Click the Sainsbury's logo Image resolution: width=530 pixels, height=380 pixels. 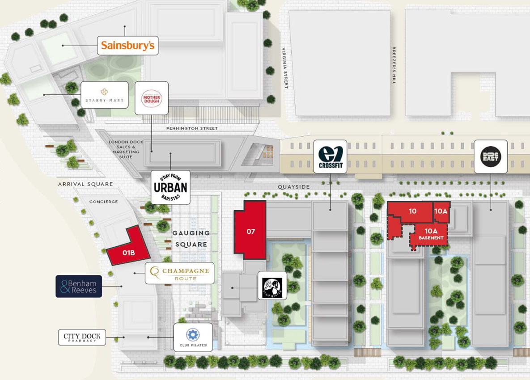[x=127, y=45]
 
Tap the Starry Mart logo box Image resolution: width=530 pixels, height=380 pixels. [x=104, y=95]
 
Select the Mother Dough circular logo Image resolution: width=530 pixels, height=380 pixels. [x=151, y=98]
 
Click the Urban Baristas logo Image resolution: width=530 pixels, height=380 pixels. [x=170, y=187]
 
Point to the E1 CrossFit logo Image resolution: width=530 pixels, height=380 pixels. [x=330, y=157]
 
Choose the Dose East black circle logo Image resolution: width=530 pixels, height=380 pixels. [x=491, y=156]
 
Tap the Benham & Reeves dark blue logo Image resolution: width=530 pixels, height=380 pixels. [x=79, y=287]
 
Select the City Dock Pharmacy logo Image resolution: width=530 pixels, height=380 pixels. [x=82, y=337]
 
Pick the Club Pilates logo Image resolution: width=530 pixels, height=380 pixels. [x=193, y=338]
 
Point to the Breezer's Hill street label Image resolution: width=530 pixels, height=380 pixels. [x=394, y=65]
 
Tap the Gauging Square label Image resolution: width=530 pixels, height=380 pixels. [x=191, y=238]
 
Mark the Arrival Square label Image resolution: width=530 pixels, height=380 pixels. [x=85, y=184]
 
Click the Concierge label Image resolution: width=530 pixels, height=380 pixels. [x=103, y=202]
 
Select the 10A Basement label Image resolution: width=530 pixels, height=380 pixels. [x=431, y=234]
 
